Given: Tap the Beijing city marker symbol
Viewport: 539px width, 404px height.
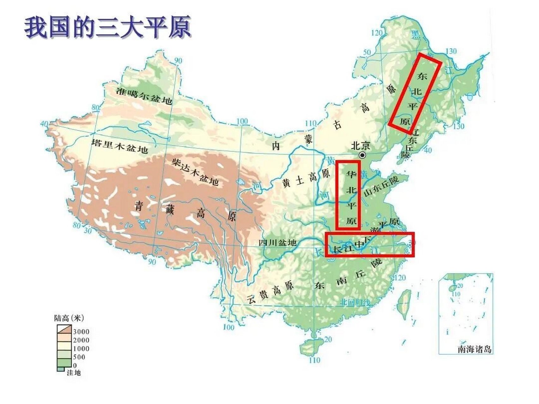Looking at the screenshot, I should click(x=362, y=155).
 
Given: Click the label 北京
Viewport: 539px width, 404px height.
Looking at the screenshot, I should click(x=361, y=146).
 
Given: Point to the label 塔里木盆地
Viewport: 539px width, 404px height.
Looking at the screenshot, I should click(x=119, y=145).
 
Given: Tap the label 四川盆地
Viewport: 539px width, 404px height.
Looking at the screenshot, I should click(x=278, y=242).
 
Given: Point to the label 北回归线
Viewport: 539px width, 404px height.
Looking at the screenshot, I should click(x=355, y=302).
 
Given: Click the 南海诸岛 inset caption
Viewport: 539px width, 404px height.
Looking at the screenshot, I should click(x=475, y=349).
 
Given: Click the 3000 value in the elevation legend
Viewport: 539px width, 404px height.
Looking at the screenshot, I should click(x=81, y=331).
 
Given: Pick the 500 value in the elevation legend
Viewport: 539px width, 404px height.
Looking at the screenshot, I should click(x=79, y=357).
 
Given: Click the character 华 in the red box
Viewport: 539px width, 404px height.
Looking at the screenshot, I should click(x=350, y=174).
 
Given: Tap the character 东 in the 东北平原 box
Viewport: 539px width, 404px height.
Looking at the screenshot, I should click(x=422, y=76).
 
